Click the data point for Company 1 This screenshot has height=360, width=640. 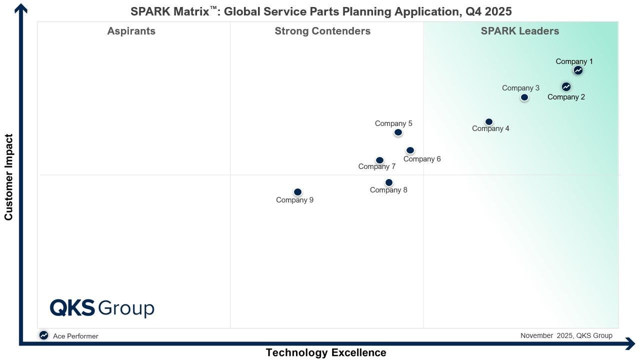click(578, 70)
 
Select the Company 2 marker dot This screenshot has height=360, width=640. click(566, 86)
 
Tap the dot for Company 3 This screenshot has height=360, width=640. click(524, 97)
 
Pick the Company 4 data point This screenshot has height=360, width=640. click(489, 122)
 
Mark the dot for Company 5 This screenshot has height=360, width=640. click(398, 132)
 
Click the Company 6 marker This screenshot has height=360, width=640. click(410, 150)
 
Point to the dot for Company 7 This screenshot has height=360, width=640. click(379, 160)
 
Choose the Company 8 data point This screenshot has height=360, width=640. click(389, 182)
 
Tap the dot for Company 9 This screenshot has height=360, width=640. click(297, 192)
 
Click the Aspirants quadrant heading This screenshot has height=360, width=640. click(131, 31)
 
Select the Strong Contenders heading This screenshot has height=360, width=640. click(322, 31)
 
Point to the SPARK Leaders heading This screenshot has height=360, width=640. click(519, 31)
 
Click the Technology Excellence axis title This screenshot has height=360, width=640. click(326, 352)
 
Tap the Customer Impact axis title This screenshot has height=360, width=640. click(8, 177)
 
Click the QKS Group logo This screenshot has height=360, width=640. click(102, 308)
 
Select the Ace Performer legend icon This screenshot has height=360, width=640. click(43, 335)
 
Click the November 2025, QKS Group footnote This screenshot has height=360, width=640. click(566, 335)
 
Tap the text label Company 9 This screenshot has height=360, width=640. click(294, 200)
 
